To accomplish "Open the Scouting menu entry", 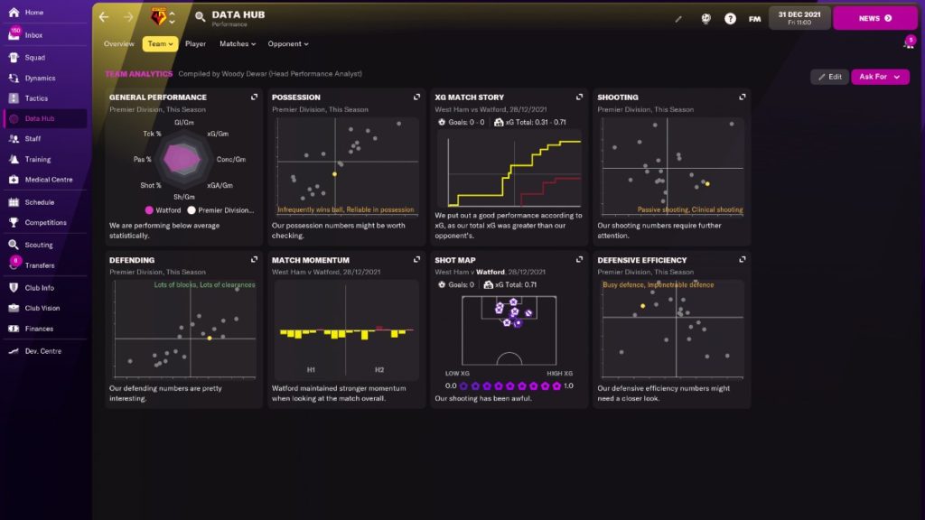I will point(38,245).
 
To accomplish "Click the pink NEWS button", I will point(874,18).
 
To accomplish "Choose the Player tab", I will point(195,43).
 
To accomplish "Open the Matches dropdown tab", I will point(237,43).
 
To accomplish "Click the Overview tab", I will point(118,43).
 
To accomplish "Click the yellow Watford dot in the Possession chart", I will point(334,174).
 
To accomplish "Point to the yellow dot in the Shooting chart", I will point(707,183).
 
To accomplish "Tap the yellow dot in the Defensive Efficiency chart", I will point(642,306).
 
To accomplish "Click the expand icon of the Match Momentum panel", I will point(417,260).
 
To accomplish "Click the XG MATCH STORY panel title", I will point(469,97).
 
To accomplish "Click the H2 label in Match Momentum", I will point(379,369).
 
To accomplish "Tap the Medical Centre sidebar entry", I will point(48,180).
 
